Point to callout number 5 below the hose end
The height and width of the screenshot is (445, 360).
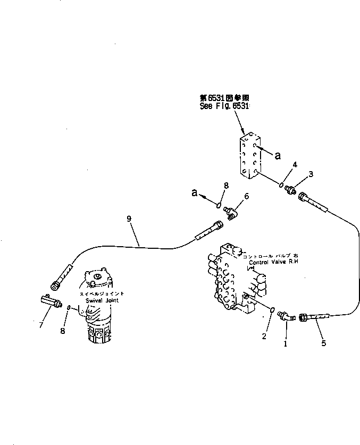[323, 342]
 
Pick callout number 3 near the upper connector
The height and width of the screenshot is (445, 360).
[312, 173]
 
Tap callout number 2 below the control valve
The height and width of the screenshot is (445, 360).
[264, 335]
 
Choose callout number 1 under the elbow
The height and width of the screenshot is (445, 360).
[285, 343]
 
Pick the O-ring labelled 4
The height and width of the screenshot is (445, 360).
[280, 184]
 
